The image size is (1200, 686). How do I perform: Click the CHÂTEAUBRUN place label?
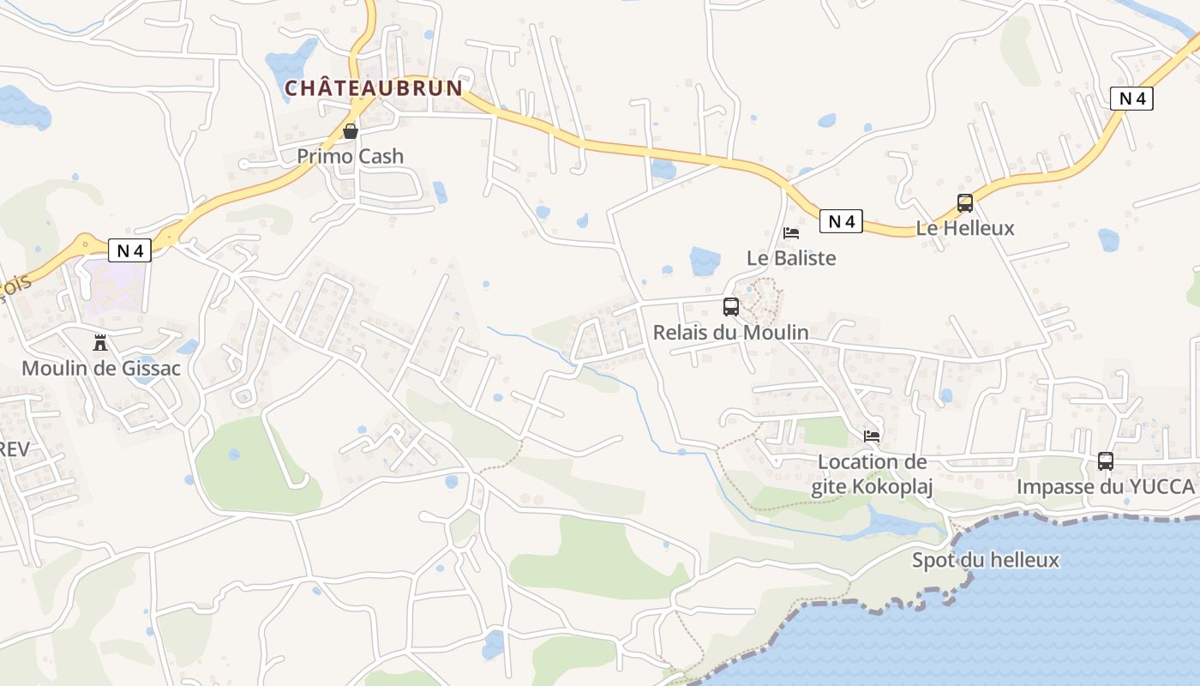coord(373,87)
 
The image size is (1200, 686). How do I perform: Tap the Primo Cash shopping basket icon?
coord(351,131)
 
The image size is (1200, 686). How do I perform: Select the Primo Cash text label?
coord(350,156)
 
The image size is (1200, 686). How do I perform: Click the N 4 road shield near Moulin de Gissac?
coord(129,250)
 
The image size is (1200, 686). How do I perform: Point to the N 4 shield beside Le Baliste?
coord(841,221)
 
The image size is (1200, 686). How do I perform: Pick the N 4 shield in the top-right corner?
coord(1131,99)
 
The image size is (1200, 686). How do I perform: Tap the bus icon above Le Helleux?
coord(965,203)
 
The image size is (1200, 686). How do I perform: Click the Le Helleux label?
coord(965,228)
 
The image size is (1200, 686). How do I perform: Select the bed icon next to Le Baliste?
coord(791,232)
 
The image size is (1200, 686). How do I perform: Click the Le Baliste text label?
coord(791,257)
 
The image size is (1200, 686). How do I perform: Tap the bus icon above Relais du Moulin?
coord(731,307)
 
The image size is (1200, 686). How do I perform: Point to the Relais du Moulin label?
coord(730,332)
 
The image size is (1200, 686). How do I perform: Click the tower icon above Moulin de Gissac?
coord(100,343)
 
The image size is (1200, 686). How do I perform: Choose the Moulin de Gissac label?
coord(101,368)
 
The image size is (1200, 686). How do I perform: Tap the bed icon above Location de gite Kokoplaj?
coord(872,436)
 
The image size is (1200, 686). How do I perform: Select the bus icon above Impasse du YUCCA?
coord(1106,461)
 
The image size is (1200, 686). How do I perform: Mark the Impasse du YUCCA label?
coord(1105,486)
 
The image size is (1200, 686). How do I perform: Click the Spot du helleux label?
coord(986,560)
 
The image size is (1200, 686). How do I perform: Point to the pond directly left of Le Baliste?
coord(705,261)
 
